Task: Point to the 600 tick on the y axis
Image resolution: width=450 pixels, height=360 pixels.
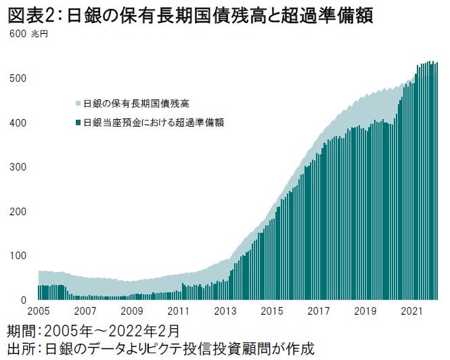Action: [16, 34]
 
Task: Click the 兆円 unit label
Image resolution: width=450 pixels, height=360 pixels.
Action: [38, 34]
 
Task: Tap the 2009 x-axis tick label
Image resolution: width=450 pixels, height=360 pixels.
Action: [131, 313]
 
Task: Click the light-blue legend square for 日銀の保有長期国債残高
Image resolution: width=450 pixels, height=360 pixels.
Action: [78, 104]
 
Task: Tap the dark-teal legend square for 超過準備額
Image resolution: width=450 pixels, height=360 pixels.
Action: [78, 123]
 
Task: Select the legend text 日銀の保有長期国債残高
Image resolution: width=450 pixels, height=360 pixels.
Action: [136, 104]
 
